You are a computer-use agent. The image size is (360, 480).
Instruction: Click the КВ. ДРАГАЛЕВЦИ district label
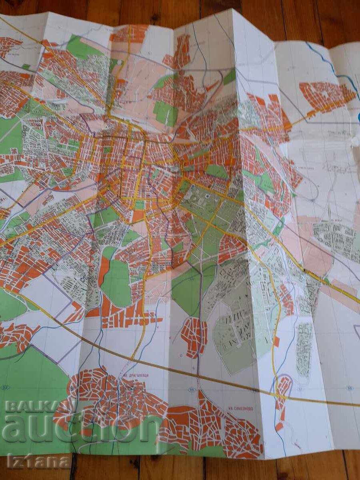coord(135,375)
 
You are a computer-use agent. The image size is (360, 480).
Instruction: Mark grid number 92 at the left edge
coord(5,387)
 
